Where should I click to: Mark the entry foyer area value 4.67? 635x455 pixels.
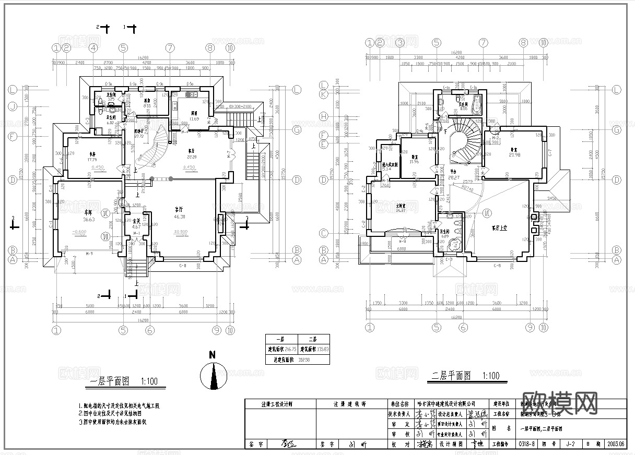tap(136, 227)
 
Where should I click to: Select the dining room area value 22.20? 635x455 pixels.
tap(192, 157)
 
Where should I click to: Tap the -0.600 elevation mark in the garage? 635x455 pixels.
tap(78, 232)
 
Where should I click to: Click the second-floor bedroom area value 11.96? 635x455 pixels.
tap(415, 162)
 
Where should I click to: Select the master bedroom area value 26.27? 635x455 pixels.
tap(401, 211)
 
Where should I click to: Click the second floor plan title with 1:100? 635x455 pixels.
tap(465, 376)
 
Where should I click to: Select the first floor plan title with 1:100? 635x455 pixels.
tap(124, 381)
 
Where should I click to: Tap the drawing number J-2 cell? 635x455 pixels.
tap(571, 444)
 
